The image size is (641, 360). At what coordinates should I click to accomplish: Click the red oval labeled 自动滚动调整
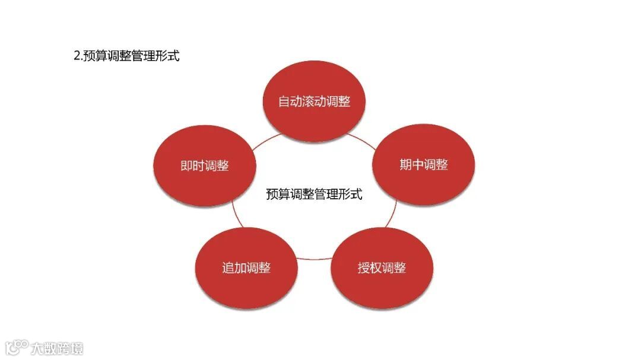pyautogui.click(x=314, y=101)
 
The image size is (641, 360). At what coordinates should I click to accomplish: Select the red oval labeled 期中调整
pyautogui.click(x=424, y=165)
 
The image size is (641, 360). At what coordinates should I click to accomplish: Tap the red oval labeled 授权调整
pyautogui.click(x=382, y=267)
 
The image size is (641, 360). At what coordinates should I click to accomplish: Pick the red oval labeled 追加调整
pyautogui.click(x=246, y=267)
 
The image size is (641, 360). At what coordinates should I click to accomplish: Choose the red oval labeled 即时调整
pyautogui.click(x=205, y=166)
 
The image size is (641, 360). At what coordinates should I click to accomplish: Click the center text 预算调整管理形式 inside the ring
pyautogui.click(x=314, y=194)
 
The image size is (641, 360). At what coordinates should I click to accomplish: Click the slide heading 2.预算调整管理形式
pyautogui.click(x=126, y=56)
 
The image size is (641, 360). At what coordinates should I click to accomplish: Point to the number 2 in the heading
pyautogui.click(x=77, y=56)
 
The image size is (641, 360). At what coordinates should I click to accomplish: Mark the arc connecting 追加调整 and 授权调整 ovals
pyautogui.click(x=314, y=259)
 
